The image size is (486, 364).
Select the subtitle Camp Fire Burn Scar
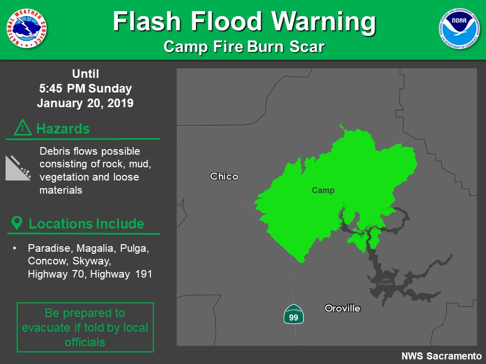coord(244,47)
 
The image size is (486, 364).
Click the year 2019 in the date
coord(120,104)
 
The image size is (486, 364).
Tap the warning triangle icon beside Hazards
coord(23,128)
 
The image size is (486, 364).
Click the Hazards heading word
coord(63,129)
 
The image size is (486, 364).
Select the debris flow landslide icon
coord(18,168)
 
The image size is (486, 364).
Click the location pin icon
coord(17,223)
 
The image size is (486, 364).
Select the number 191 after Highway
coord(144,274)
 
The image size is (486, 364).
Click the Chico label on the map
coord(224,176)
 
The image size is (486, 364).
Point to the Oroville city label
coord(343,308)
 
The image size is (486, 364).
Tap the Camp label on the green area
coord(323,191)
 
